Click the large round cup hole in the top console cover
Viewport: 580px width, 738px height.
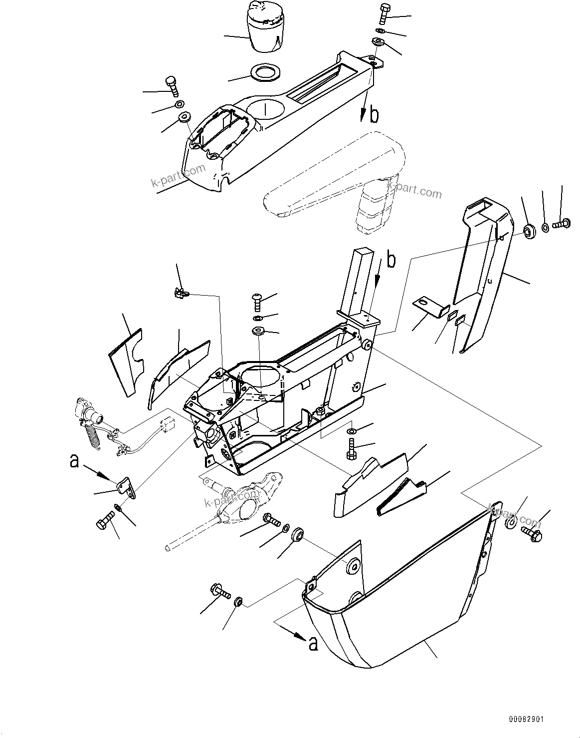pyautogui.click(x=264, y=108)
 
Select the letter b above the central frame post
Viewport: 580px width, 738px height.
pyautogui.click(x=392, y=261)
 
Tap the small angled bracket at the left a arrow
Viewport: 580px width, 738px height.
pyautogui.click(x=127, y=486)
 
